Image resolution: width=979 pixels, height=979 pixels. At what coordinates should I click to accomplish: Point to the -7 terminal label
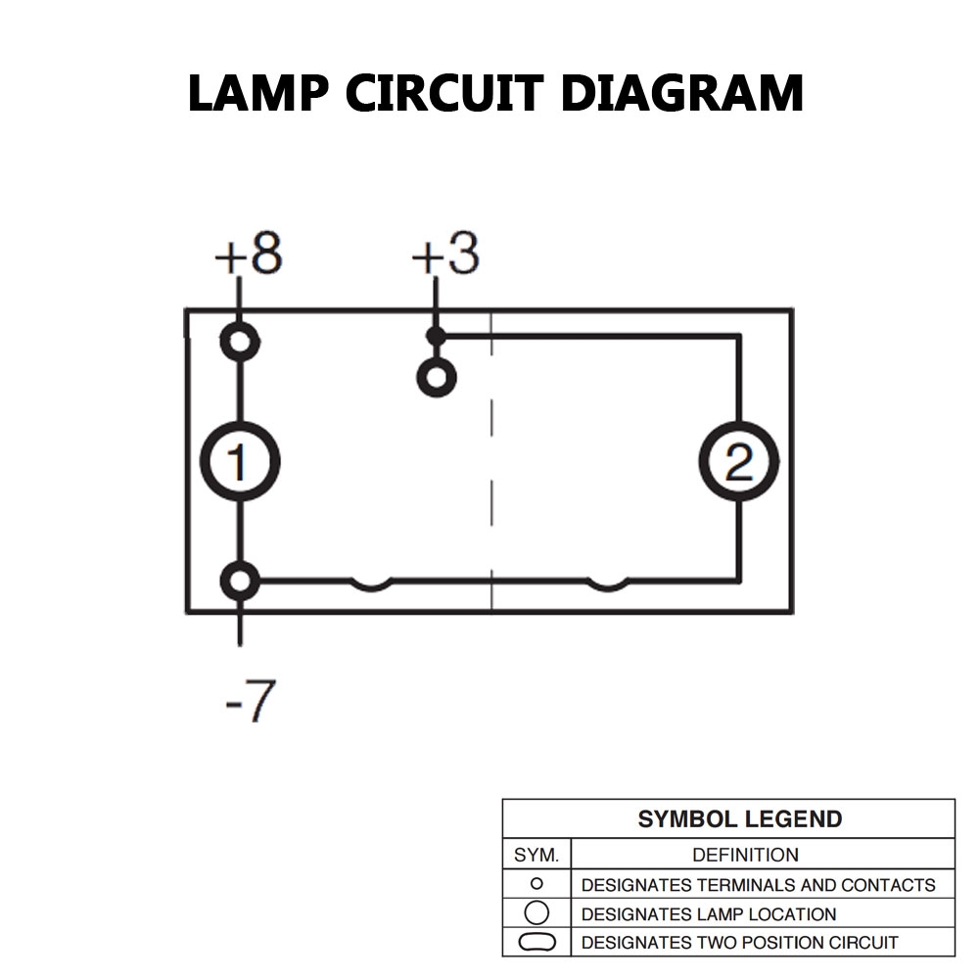[x=250, y=701]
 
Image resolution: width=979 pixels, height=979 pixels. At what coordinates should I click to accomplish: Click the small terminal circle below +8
[x=240, y=342]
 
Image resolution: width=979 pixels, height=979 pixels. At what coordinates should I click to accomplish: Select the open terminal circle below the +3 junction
[x=436, y=377]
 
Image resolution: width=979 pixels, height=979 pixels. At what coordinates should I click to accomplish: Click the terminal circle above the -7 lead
[x=240, y=581]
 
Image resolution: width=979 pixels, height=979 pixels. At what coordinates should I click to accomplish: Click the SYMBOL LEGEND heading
[x=739, y=819]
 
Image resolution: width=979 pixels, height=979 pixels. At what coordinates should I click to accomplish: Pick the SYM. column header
[x=536, y=855]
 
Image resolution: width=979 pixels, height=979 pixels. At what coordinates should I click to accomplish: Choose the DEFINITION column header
[x=745, y=855]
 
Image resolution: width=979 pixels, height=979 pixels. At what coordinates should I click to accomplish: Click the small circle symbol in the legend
[x=536, y=884]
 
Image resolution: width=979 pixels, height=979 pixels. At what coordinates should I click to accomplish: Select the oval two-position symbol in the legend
[x=536, y=943]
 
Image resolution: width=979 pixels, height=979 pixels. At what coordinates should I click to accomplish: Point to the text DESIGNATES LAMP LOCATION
[x=709, y=914]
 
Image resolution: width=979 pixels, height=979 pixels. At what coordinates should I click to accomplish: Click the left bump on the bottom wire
[x=372, y=585]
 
